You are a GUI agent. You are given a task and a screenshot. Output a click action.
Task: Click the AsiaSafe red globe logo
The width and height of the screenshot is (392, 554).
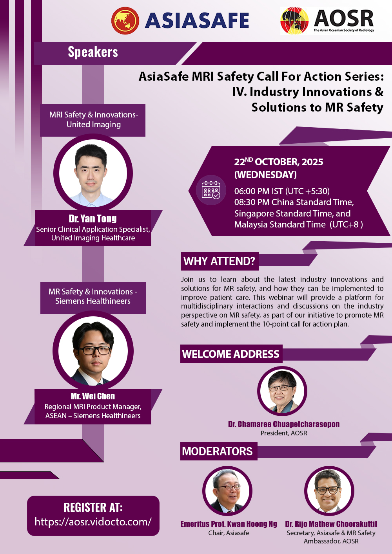(125, 20)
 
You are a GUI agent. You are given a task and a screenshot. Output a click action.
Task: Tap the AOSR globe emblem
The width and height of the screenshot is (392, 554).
(294, 21)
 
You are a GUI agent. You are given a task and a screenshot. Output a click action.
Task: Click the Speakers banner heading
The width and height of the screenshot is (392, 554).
(93, 52)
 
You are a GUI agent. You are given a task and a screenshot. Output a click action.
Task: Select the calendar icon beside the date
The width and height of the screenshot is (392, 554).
(211, 190)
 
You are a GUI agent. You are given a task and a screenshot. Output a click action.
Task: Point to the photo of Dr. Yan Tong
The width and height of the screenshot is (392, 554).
(93, 173)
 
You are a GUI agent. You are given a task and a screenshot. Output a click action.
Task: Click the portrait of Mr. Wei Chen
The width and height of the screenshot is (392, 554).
(93, 351)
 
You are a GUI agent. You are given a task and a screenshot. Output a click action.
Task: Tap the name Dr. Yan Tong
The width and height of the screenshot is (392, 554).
(93, 218)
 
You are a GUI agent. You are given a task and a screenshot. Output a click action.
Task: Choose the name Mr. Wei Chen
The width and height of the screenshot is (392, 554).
(93, 396)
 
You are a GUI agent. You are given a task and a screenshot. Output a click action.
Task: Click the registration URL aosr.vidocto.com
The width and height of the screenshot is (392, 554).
(93, 522)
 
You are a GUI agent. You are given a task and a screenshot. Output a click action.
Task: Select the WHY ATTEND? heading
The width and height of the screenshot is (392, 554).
(220, 261)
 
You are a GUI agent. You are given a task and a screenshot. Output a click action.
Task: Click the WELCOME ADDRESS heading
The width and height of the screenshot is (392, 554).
(231, 354)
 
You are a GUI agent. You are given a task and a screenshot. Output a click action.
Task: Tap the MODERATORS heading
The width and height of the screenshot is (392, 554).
(218, 451)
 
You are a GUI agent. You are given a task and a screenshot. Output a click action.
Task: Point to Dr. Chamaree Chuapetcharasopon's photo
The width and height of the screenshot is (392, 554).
(282, 391)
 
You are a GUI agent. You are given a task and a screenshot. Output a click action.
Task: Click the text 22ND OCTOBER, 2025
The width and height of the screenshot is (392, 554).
(279, 162)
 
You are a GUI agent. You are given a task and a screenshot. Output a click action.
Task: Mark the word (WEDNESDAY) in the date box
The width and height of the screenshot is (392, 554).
(265, 175)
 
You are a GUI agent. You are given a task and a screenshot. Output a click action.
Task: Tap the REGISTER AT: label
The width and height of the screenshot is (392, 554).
(93, 507)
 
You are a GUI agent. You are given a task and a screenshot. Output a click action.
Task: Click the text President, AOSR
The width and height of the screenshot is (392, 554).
(284, 433)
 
